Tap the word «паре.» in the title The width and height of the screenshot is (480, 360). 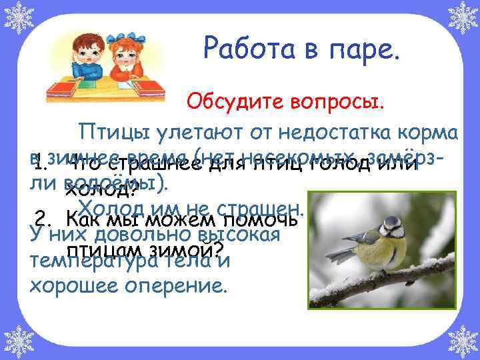pyautogui.click(x=366, y=49)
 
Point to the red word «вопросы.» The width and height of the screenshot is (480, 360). pyautogui.click(x=327, y=102)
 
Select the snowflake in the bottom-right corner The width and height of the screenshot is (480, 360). pyautogui.click(x=463, y=342)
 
